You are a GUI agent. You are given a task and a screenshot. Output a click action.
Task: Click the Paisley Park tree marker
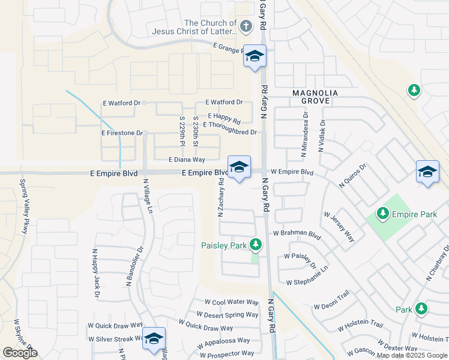256,245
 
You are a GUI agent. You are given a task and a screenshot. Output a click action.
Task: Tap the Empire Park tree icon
382,213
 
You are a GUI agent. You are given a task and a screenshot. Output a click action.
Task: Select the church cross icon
246,26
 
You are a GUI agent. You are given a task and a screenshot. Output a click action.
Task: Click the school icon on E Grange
255,56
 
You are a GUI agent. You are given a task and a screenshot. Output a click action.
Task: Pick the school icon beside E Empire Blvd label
239,167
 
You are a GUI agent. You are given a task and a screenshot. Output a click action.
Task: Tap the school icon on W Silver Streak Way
154,338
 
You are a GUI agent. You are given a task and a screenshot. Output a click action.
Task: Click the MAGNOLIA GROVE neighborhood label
315,97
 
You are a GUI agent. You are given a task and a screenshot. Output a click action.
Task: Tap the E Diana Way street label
187,160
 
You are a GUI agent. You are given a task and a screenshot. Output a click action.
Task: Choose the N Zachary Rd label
221,197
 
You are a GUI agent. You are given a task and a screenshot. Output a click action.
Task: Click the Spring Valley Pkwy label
25,198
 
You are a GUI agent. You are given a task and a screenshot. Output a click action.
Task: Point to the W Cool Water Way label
231,302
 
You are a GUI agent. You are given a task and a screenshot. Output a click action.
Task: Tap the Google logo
20,353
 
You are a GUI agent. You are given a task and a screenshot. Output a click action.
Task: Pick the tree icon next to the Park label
421,309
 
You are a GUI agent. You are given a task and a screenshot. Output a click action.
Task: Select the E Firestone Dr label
122,133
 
